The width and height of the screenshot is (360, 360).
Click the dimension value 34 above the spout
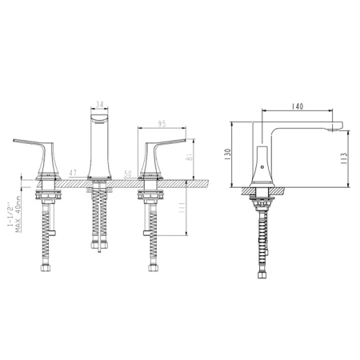[98, 103]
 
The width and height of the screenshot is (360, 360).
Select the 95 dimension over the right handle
[162, 123]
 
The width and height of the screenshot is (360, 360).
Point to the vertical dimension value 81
[190, 158]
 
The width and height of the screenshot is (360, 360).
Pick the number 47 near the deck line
[73, 173]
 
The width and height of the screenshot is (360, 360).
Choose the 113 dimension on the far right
[343, 157]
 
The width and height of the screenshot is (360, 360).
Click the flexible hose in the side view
[262, 240]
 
